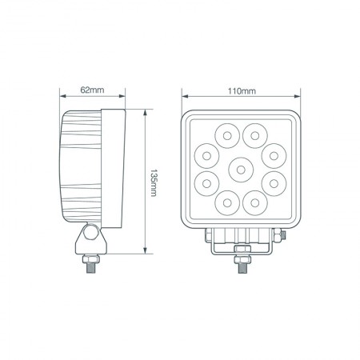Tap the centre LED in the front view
[x=239, y=168]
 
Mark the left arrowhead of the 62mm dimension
[x=62, y=99]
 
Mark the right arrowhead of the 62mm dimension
[x=122, y=99]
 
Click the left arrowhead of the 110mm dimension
[x=183, y=99]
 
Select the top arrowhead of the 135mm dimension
[x=144, y=111]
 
